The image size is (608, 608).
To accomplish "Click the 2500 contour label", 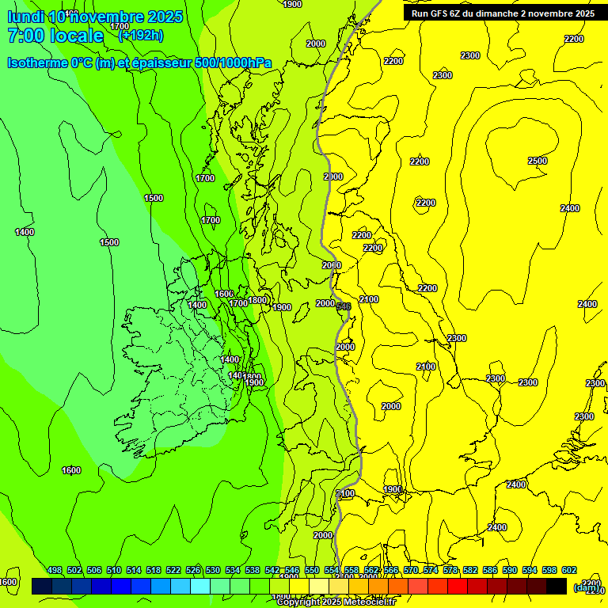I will (x=538, y=161).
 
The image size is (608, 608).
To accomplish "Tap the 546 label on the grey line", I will (x=344, y=306).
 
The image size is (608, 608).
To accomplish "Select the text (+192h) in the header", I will (x=141, y=35).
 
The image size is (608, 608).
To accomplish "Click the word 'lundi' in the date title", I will (x=25, y=17).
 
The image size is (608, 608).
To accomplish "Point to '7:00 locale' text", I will (x=55, y=36).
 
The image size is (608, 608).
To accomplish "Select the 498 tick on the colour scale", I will (x=55, y=570).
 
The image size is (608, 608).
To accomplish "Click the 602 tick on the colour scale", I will (x=569, y=570).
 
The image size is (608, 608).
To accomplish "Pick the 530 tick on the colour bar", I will (x=213, y=570).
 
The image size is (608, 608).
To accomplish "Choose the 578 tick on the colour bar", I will (x=450, y=570).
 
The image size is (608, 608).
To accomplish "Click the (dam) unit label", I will (x=586, y=587).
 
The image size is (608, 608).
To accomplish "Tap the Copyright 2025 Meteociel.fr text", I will (x=336, y=602).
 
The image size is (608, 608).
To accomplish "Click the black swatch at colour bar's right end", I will (x=557, y=586).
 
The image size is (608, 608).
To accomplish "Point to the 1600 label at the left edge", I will (x=8, y=582).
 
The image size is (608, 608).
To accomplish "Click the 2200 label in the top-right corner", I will (x=574, y=39).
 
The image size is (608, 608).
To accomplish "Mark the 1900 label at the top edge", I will (x=292, y=4).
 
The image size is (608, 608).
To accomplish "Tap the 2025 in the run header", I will (x=584, y=13).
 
